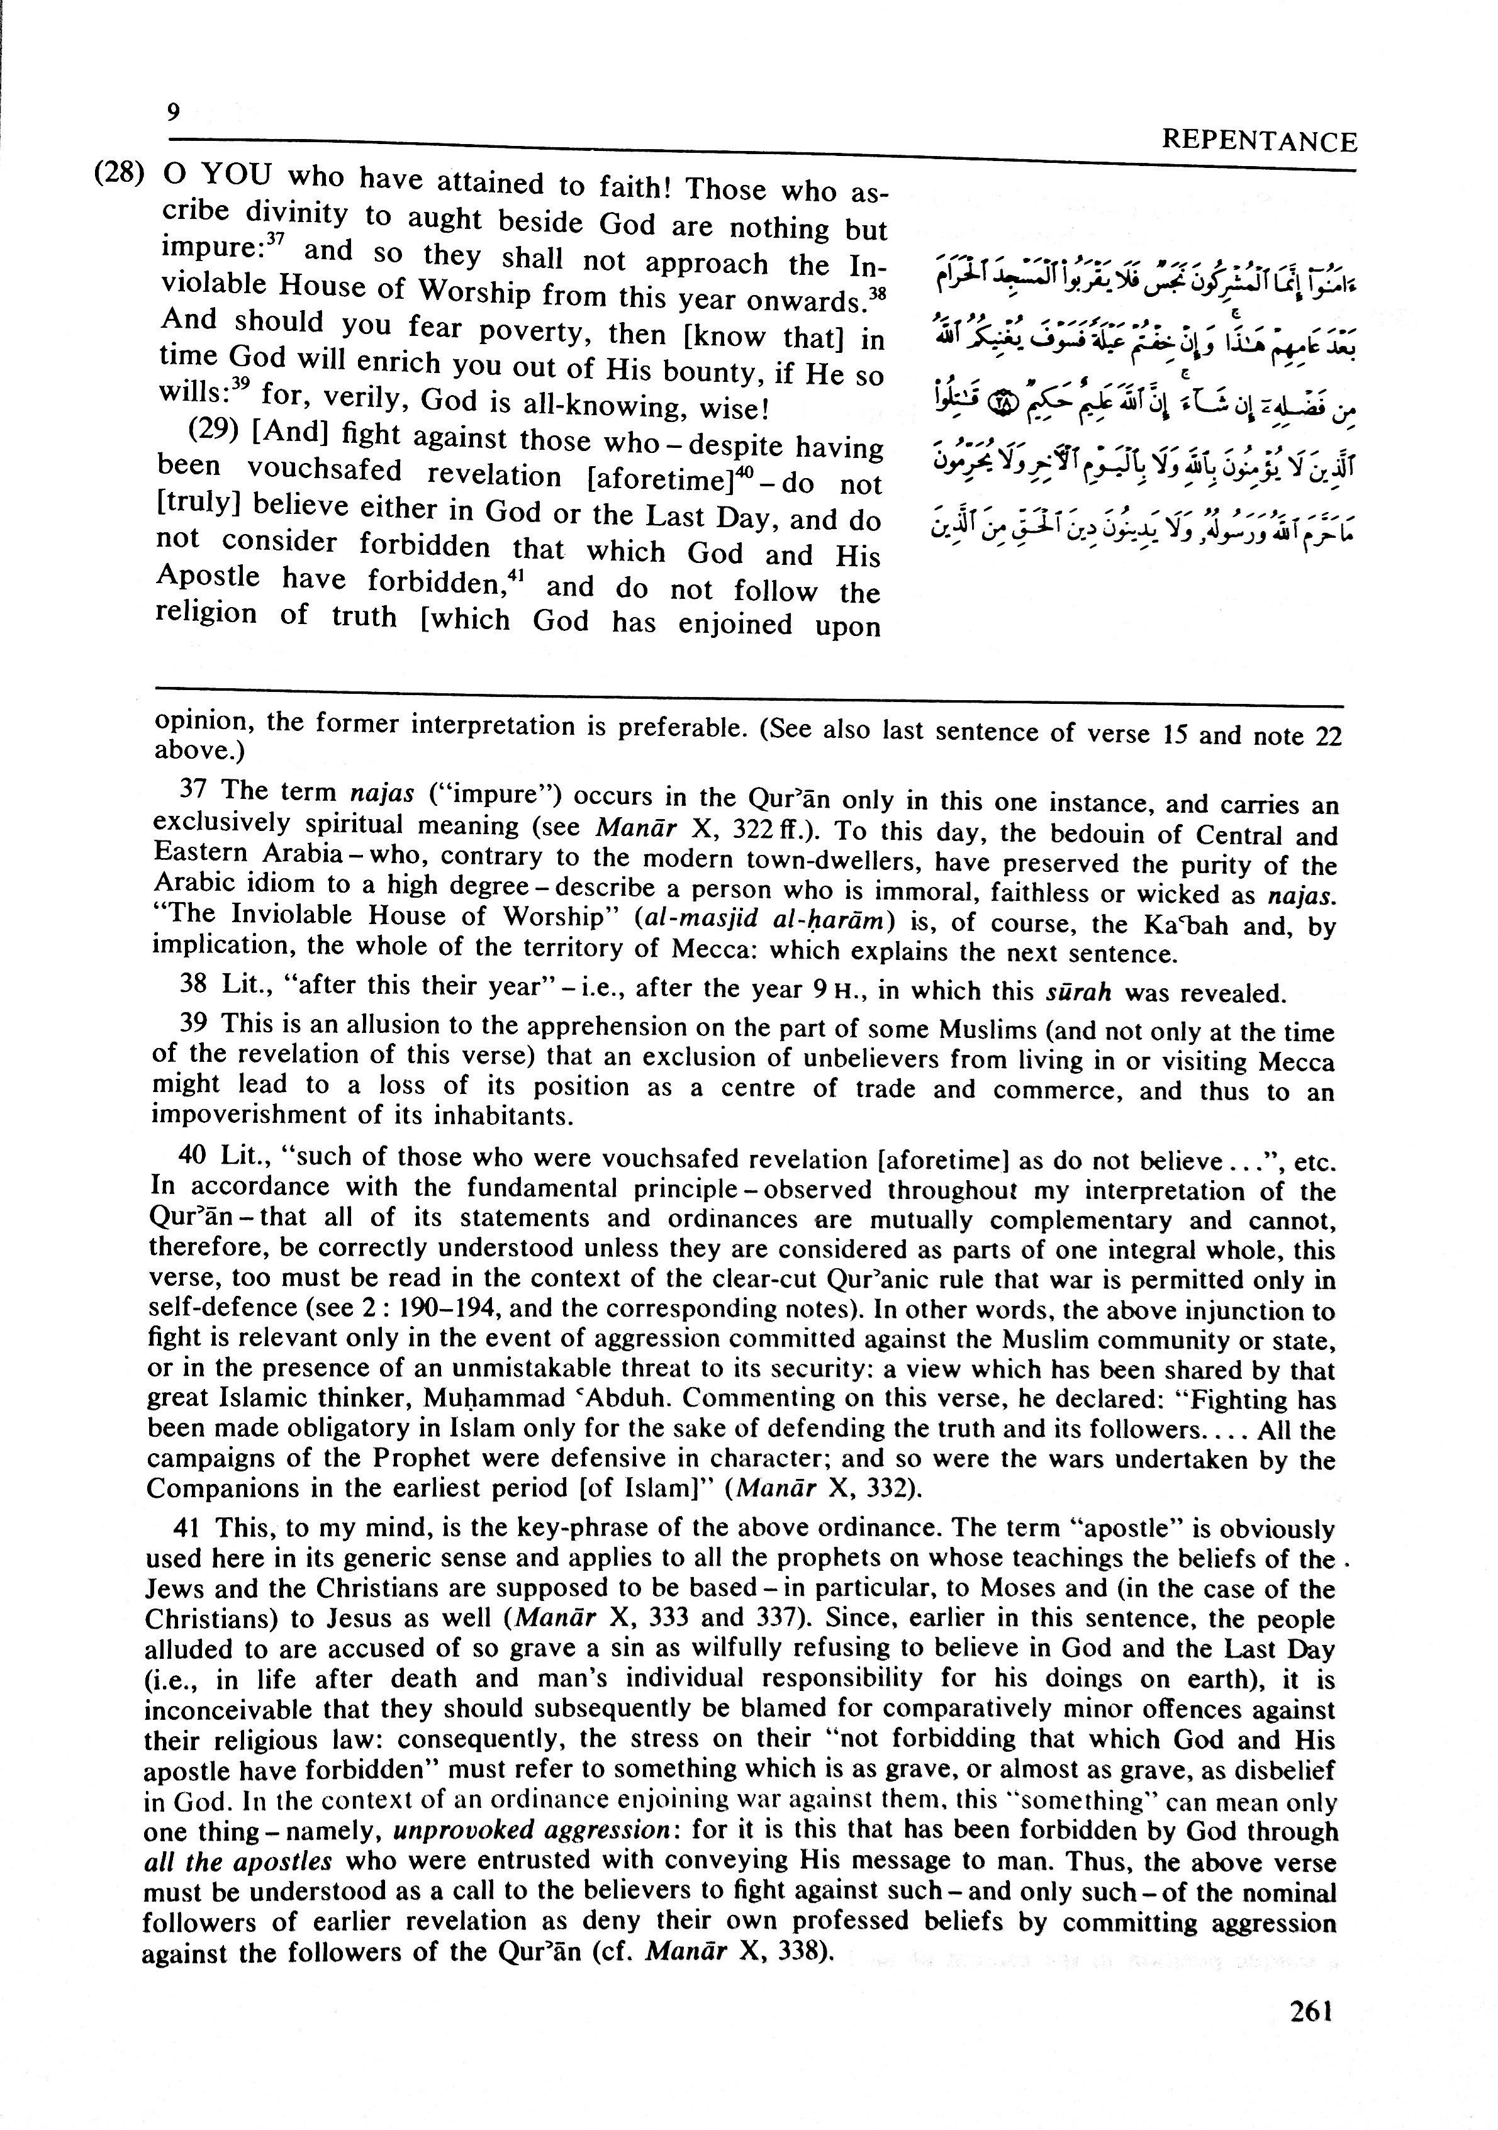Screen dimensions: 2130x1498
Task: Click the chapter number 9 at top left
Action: click(x=172, y=112)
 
